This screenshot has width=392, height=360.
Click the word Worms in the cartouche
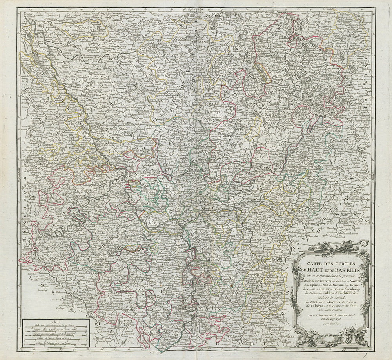357,281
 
